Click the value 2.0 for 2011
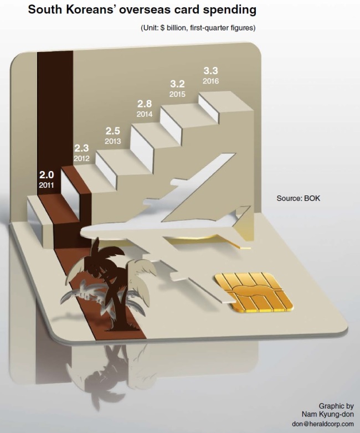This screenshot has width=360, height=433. point(47,175)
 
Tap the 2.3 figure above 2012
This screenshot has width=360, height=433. point(81,148)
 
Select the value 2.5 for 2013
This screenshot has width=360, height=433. point(113,131)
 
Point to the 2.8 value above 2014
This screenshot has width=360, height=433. point(145,104)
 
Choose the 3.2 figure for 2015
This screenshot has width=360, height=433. point(177,84)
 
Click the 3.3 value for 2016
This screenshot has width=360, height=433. point(211,71)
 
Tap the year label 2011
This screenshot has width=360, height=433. point(47,185)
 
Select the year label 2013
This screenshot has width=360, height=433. point(113,141)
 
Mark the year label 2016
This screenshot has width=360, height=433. point(211,81)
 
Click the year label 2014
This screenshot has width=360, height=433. point(145,114)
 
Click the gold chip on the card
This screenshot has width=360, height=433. point(254,293)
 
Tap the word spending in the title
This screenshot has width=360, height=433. point(230,11)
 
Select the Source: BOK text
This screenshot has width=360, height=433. point(299,198)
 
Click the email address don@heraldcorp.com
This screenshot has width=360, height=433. point(323,424)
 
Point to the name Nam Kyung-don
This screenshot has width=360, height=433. point(328,415)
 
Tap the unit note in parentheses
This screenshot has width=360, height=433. point(198,28)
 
